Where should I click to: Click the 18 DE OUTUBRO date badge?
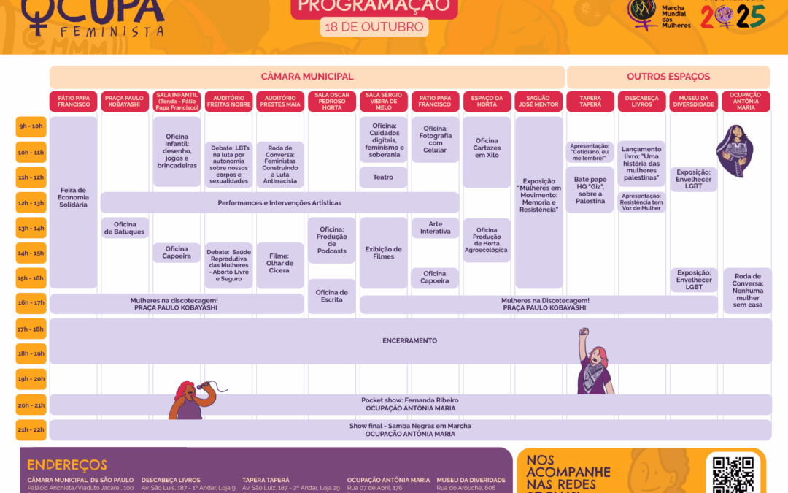pyautogui.click(x=374, y=27)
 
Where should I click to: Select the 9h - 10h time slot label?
pyautogui.click(x=31, y=126)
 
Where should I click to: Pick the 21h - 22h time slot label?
pyautogui.click(x=31, y=429)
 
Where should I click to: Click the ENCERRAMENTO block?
pyautogui.click(x=410, y=341)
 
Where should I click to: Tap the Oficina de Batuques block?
pyautogui.click(x=125, y=228)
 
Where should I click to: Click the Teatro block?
pyautogui.click(x=383, y=177)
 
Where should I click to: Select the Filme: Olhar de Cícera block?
pyautogui.click(x=280, y=265)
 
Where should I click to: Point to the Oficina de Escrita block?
pyautogui.click(x=332, y=296)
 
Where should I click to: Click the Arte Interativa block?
pyautogui.click(x=436, y=227)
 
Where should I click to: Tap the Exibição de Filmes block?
pyautogui.click(x=383, y=253)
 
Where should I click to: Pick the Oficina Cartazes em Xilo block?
pyautogui.click(x=487, y=148)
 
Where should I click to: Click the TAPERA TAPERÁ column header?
pyautogui.click(x=590, y=101)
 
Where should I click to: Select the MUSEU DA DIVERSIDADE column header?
pyautogui.click(x=693, y=101)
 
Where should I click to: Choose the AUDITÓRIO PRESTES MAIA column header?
pyautogui.click(x=280, y=101)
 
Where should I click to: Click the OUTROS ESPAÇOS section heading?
pyautogui.click(x=668, y=77)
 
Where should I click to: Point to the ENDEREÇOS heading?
pyautogui.click(x=67, y=465)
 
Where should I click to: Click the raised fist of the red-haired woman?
pyautogui.click(x=583, y=332)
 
